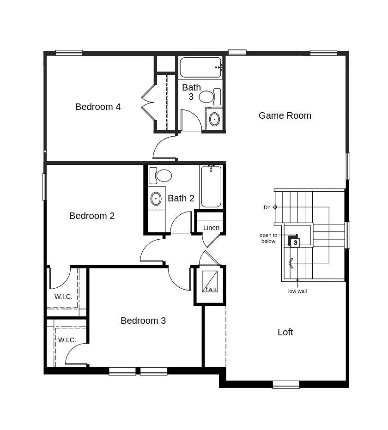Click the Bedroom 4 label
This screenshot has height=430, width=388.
tap(98, 107)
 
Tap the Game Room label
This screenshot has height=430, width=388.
tap(285, 115)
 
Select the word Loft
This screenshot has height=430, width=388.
tap(285, 332)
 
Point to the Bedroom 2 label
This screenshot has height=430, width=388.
tap(92, 216)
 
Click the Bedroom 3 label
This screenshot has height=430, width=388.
tap(143, 321)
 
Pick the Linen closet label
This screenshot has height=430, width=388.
tap(211, 228)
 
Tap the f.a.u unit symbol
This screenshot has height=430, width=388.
tap(210, 282)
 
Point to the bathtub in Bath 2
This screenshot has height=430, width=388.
tap(211, 187)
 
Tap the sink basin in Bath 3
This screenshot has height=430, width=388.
tap(214, 119)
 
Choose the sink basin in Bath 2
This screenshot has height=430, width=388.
tap(156, 199)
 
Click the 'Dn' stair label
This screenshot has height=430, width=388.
tap(267, 207)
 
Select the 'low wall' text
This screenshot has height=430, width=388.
tap(297, 291)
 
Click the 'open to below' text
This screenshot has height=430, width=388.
tap(268, 238)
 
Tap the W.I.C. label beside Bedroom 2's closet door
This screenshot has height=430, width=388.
tap(63, 297)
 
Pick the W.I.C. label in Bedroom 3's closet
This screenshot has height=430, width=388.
tap(67, 340)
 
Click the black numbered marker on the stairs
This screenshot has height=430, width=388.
tap(294, 242)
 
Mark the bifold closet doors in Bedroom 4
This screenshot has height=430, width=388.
tap(149, 103)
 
